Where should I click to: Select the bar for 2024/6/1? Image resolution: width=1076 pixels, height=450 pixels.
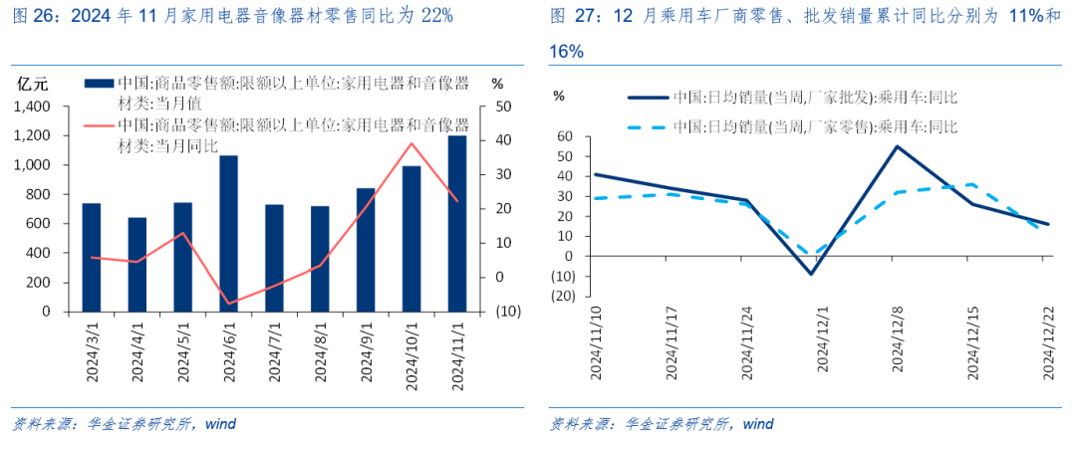(228, 234)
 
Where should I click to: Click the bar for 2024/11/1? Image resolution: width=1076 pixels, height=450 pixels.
(456, 224)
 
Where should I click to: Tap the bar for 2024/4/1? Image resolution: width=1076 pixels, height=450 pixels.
(136, 265)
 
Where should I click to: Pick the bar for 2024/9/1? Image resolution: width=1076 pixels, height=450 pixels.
(366, 250)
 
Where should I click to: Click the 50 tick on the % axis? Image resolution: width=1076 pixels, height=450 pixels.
(502, 106)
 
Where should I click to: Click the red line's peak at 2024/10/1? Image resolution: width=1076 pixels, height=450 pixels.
(410, 142)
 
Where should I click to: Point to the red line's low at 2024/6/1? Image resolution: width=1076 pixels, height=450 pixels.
(228, 304)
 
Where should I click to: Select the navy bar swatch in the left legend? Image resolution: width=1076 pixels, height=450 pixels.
(97, 84)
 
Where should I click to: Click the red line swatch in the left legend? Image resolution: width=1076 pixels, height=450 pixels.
(97, 125)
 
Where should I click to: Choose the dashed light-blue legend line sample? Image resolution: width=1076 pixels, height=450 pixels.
(647, 126)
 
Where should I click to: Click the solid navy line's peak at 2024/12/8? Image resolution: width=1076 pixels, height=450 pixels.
(896, 146)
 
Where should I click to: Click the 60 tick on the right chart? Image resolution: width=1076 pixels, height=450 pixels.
(567, 136)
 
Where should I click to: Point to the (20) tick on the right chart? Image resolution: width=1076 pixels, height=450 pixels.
(564, 296)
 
